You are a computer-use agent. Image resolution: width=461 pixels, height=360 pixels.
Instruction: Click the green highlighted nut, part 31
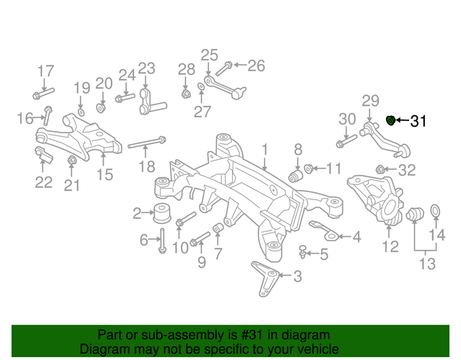tap(391, 120)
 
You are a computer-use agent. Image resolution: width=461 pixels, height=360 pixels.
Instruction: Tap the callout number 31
tap(419, 122)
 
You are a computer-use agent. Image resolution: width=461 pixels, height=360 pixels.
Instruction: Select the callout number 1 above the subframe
tap(264, 149)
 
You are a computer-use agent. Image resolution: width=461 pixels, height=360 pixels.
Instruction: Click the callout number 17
tap(45, 71)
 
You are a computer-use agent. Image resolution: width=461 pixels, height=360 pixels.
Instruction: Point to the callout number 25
tap(209, 55)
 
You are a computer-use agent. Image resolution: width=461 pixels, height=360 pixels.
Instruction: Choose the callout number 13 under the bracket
tap(427, 264)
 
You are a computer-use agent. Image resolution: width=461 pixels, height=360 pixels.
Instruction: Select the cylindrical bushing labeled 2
tap(161, 212)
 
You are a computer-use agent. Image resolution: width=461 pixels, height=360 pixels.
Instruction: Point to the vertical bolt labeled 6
tap(162, 239)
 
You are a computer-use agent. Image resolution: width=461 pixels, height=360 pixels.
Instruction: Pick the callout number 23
tap(146, 68)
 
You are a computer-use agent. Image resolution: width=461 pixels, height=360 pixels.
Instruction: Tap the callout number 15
tap(105, 174)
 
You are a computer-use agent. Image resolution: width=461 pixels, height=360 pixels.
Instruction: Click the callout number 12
tap(390, 247)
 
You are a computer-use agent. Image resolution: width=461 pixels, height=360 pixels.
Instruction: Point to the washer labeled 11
tap(309, 169)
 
